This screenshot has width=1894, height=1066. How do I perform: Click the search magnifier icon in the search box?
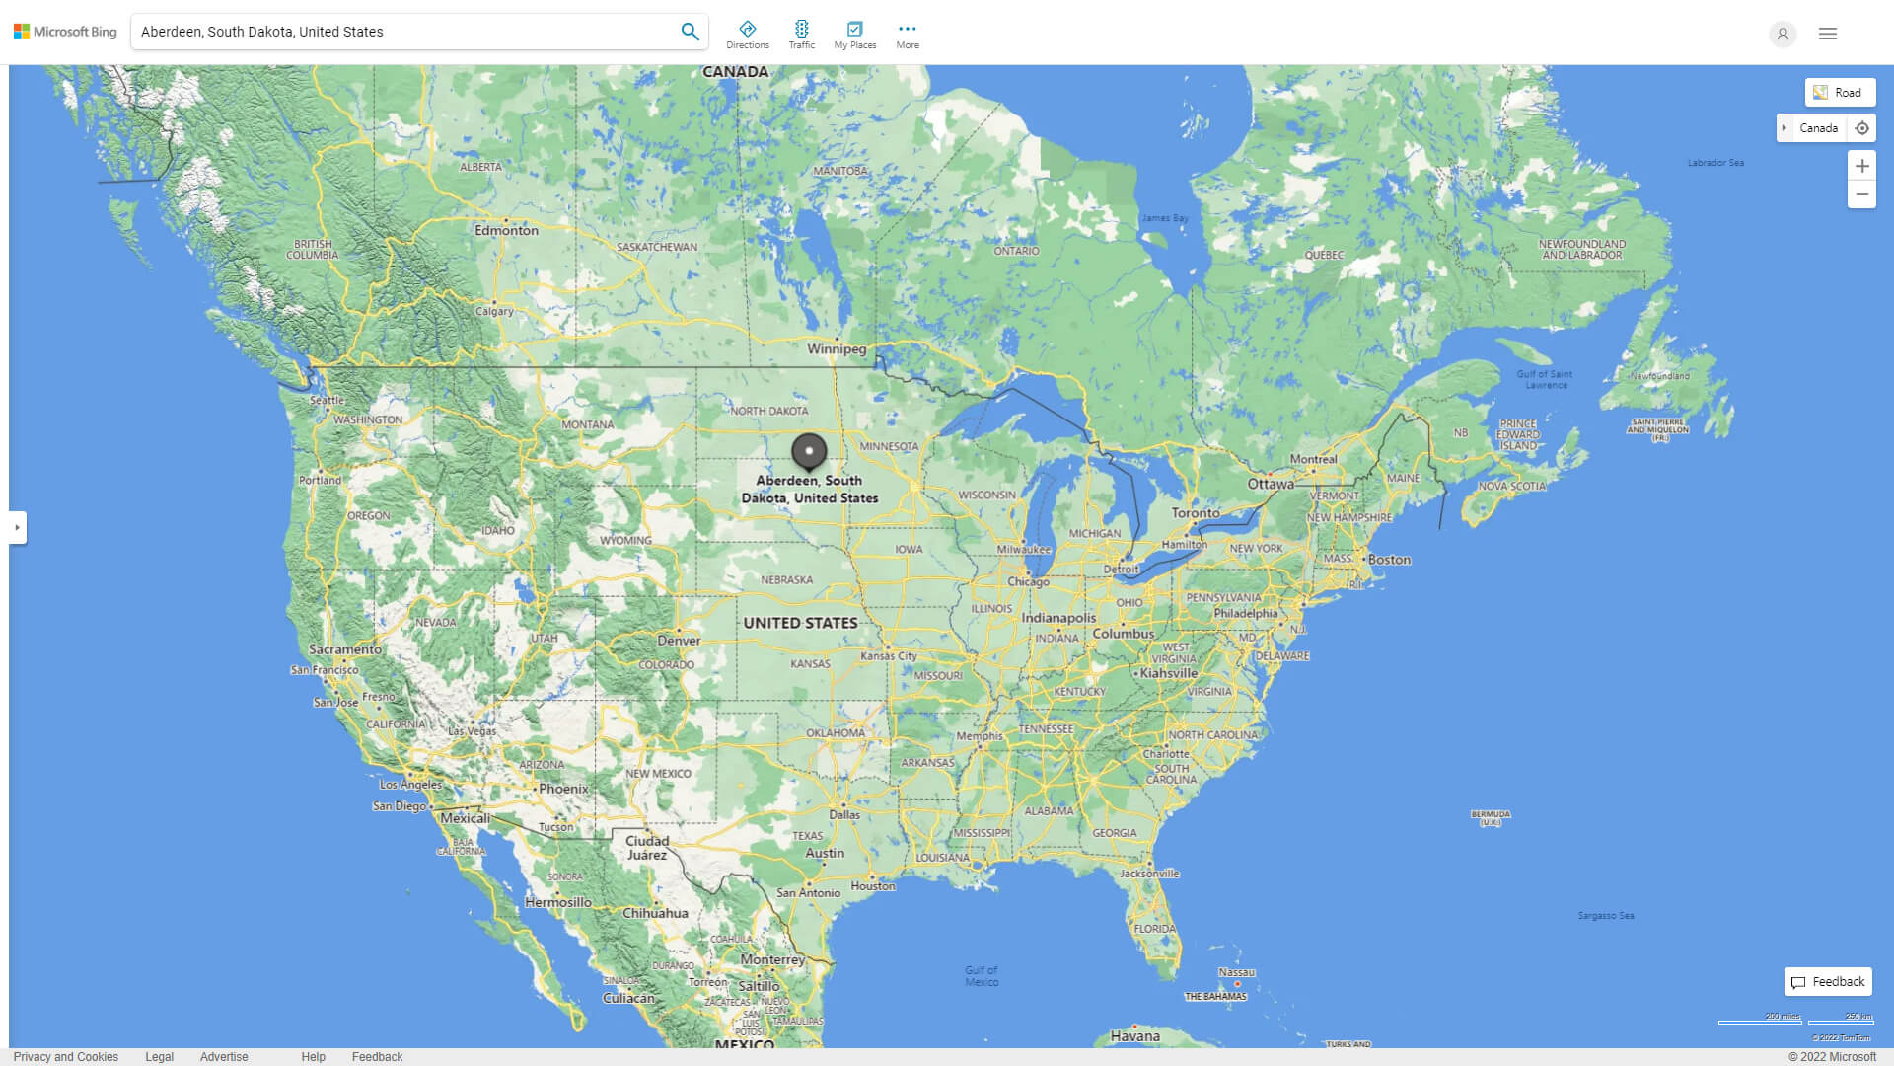690,32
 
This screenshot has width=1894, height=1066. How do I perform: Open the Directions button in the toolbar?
747,34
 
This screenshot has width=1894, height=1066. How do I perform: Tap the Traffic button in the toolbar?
801,34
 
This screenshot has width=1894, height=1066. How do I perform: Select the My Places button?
854,34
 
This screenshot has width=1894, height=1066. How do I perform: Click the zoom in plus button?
1861,166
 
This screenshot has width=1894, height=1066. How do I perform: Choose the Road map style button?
1840,93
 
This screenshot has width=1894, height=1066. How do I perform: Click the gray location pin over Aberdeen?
809,451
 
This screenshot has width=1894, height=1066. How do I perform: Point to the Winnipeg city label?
837,348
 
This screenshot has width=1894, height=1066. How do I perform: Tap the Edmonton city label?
506,230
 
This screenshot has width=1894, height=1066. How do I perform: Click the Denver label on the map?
679,640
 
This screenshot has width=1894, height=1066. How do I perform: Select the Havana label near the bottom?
1134,1036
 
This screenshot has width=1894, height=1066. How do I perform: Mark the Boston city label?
1389,560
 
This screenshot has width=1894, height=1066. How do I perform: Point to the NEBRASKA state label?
787,580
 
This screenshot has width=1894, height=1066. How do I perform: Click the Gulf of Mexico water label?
982,976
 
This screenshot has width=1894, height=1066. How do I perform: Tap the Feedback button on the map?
1828,982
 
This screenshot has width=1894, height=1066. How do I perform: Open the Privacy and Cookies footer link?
66,1057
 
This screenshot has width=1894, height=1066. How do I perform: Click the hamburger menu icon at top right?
1828,34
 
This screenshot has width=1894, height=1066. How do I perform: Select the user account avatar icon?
1783,34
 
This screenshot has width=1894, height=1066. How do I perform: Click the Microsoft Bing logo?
65,32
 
